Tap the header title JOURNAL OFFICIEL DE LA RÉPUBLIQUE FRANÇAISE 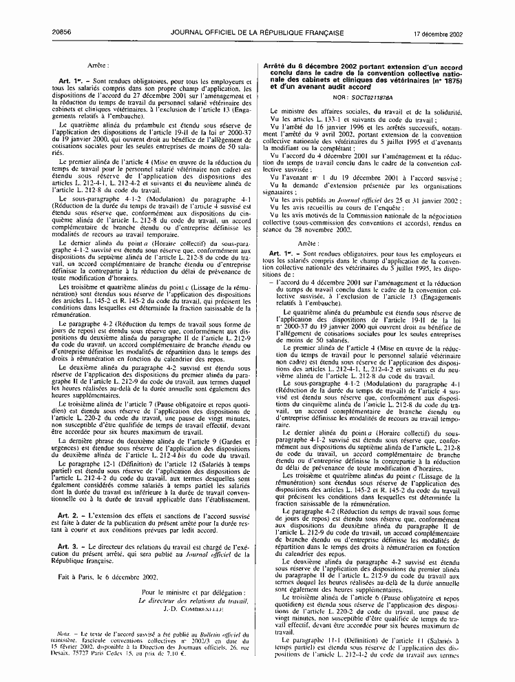[257, 14]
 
